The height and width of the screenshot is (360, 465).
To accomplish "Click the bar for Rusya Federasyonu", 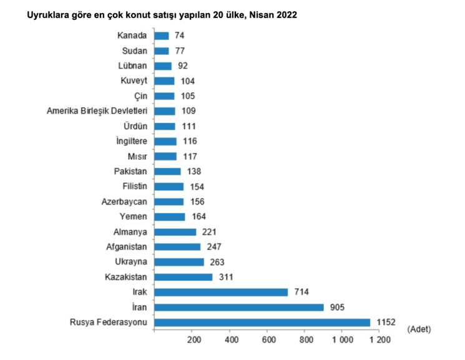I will coord(262,322).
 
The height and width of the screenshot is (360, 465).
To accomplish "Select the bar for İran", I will coord(239,307).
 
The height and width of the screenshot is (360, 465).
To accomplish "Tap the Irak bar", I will coord(221,292).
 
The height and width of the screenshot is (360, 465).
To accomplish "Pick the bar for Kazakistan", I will coord(184,277).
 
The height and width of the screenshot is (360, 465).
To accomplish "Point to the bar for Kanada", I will coord(161,36).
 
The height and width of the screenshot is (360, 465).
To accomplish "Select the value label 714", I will coord(302,292).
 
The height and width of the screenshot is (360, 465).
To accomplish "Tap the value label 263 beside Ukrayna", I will coord(217,262).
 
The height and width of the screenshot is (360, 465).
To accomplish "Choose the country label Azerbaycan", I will coord(124,202).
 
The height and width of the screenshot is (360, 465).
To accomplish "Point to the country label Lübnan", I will coord(132,66).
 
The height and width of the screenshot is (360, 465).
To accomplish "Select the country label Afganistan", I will coord(127,247).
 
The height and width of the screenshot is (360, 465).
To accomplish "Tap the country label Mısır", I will coord(136,157).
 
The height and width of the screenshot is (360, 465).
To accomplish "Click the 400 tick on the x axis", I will coord(232,341).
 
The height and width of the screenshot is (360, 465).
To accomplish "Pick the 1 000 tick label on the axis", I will coord(342,341).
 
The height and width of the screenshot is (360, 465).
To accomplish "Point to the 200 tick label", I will coord(193,341).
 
